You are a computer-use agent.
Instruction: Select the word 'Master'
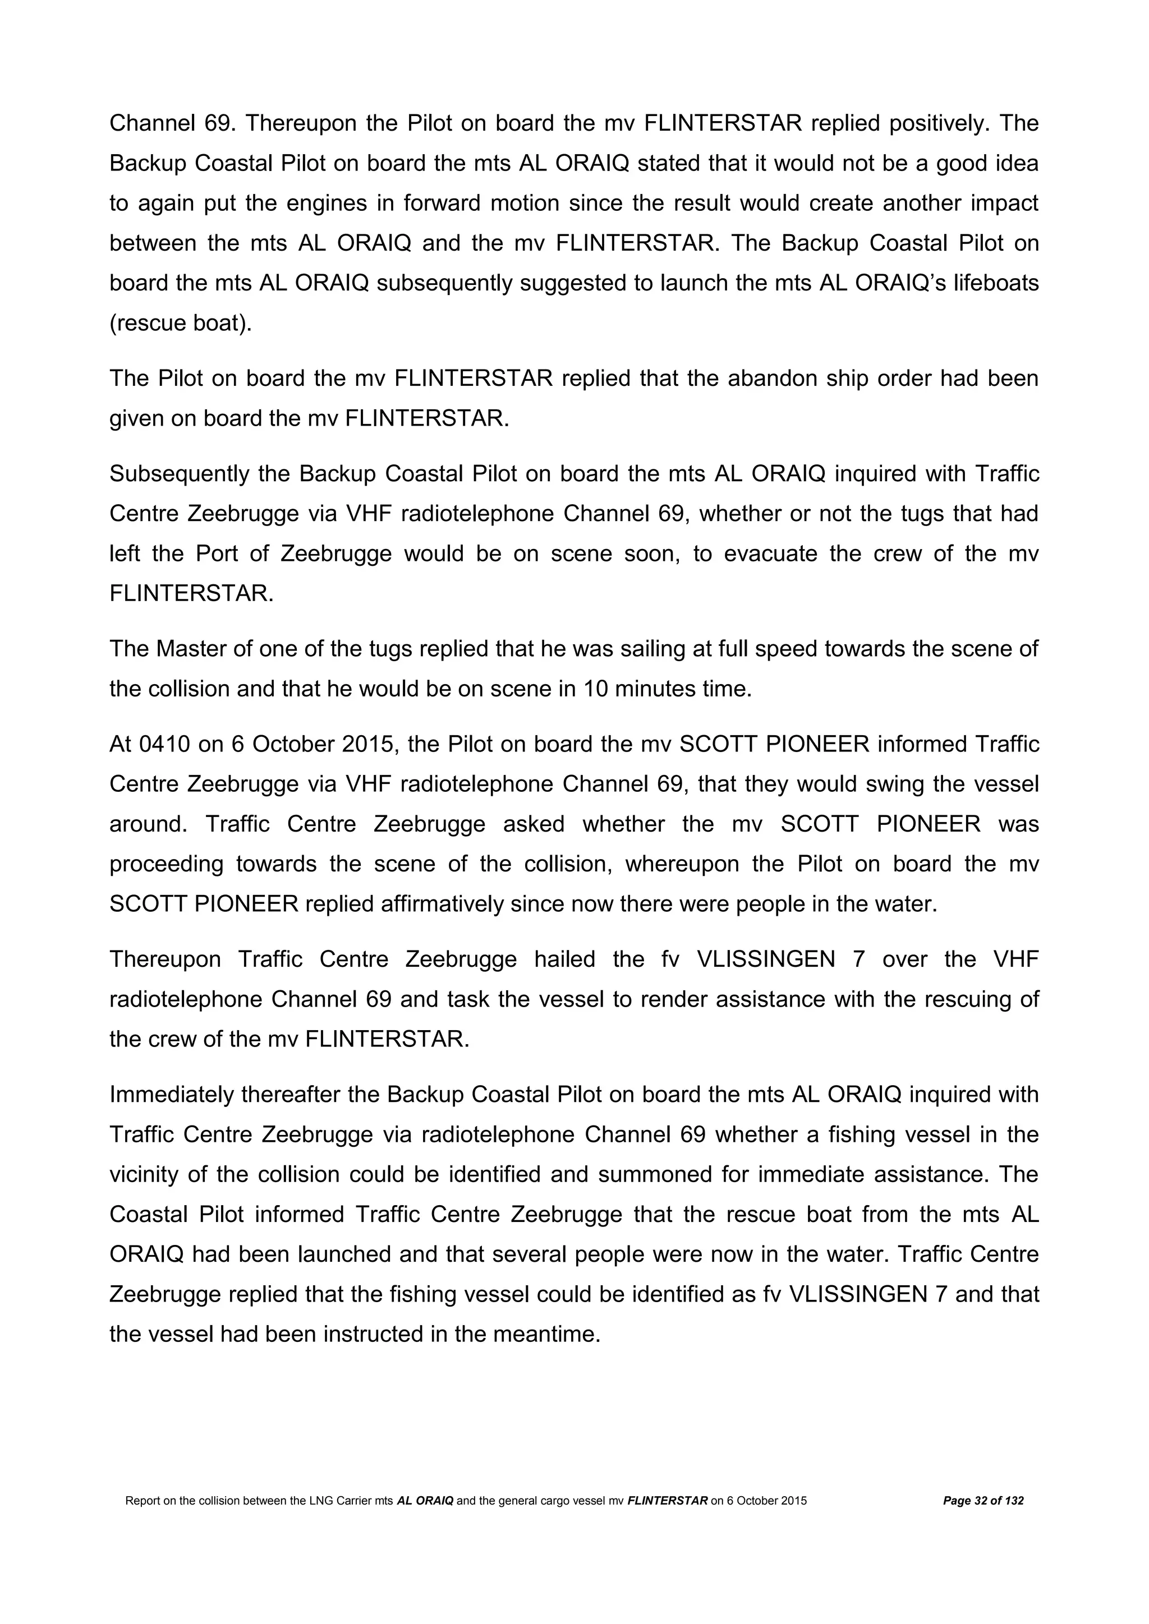click(x=190, y=649)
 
